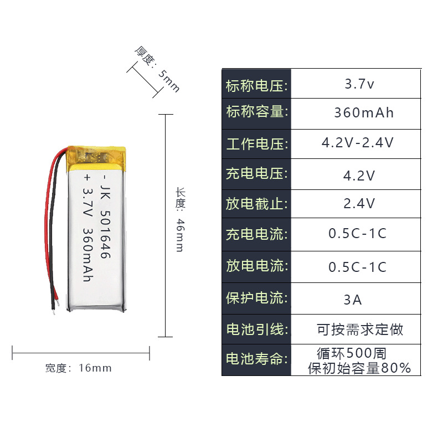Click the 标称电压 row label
click(x=256, y=85)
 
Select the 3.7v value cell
click(x=359, y=85)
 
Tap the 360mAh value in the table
click(x=364, y=113)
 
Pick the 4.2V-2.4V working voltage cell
click(x=358, y=143)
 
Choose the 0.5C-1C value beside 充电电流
click(x=357, y=233)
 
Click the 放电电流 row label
click(x=256, y=266)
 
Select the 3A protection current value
click(x=352, y=300)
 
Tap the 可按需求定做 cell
click(x=360, y=329)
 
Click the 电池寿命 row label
click(x=256, y=359)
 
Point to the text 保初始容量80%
click(x=359, y=368)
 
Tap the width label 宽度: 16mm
click(x=79, y=368)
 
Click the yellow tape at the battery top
click(x=97, y=157)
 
